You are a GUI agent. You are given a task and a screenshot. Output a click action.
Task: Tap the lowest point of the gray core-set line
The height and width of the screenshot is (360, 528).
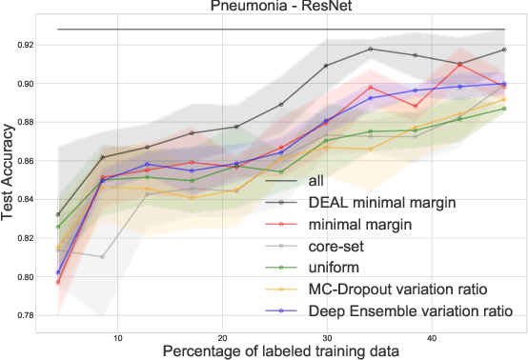(102, 257)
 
